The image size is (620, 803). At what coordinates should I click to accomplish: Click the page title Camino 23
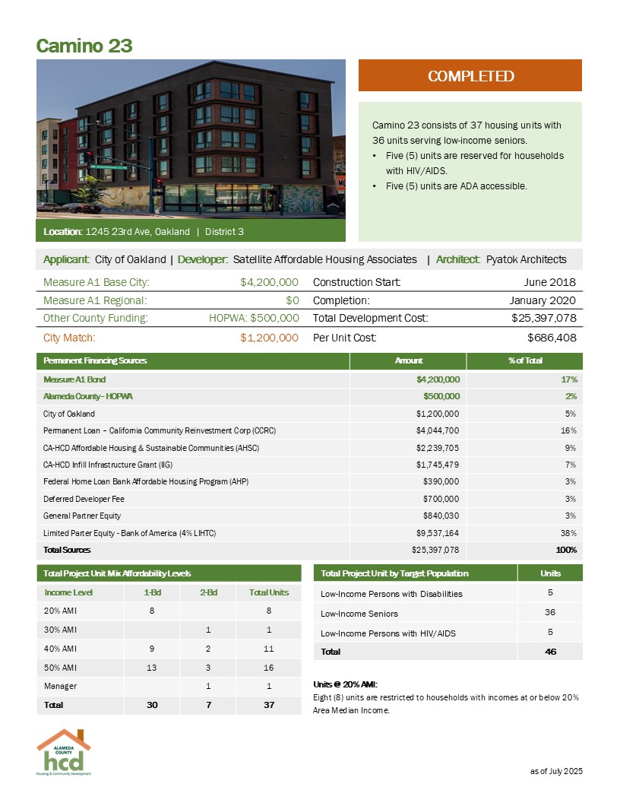(x=84, y=46)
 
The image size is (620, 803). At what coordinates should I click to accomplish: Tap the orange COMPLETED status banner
(x=470, y=76)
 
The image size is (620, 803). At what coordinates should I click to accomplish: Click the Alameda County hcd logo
(x=64, y=752)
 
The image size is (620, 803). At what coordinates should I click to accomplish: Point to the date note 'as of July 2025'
(x=555, y=772)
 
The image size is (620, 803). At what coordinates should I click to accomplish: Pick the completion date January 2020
(x=542, y=300)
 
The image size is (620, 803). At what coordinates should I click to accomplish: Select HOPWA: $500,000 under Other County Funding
(x=254, y=317)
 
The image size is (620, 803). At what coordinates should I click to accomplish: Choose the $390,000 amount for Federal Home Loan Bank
(x=440, y=481)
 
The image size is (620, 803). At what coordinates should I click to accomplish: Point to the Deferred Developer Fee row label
(x=84, y=499)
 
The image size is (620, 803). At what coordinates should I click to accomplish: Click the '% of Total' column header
(x=524, y=360)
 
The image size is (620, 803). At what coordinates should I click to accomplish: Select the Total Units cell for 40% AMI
(x=263, y=648)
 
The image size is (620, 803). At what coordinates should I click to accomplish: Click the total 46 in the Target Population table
(x=550, y=651)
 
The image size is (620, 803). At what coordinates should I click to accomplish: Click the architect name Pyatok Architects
(x=526, y=259)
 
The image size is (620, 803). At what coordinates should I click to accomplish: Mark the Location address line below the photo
(x=144, y=230)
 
